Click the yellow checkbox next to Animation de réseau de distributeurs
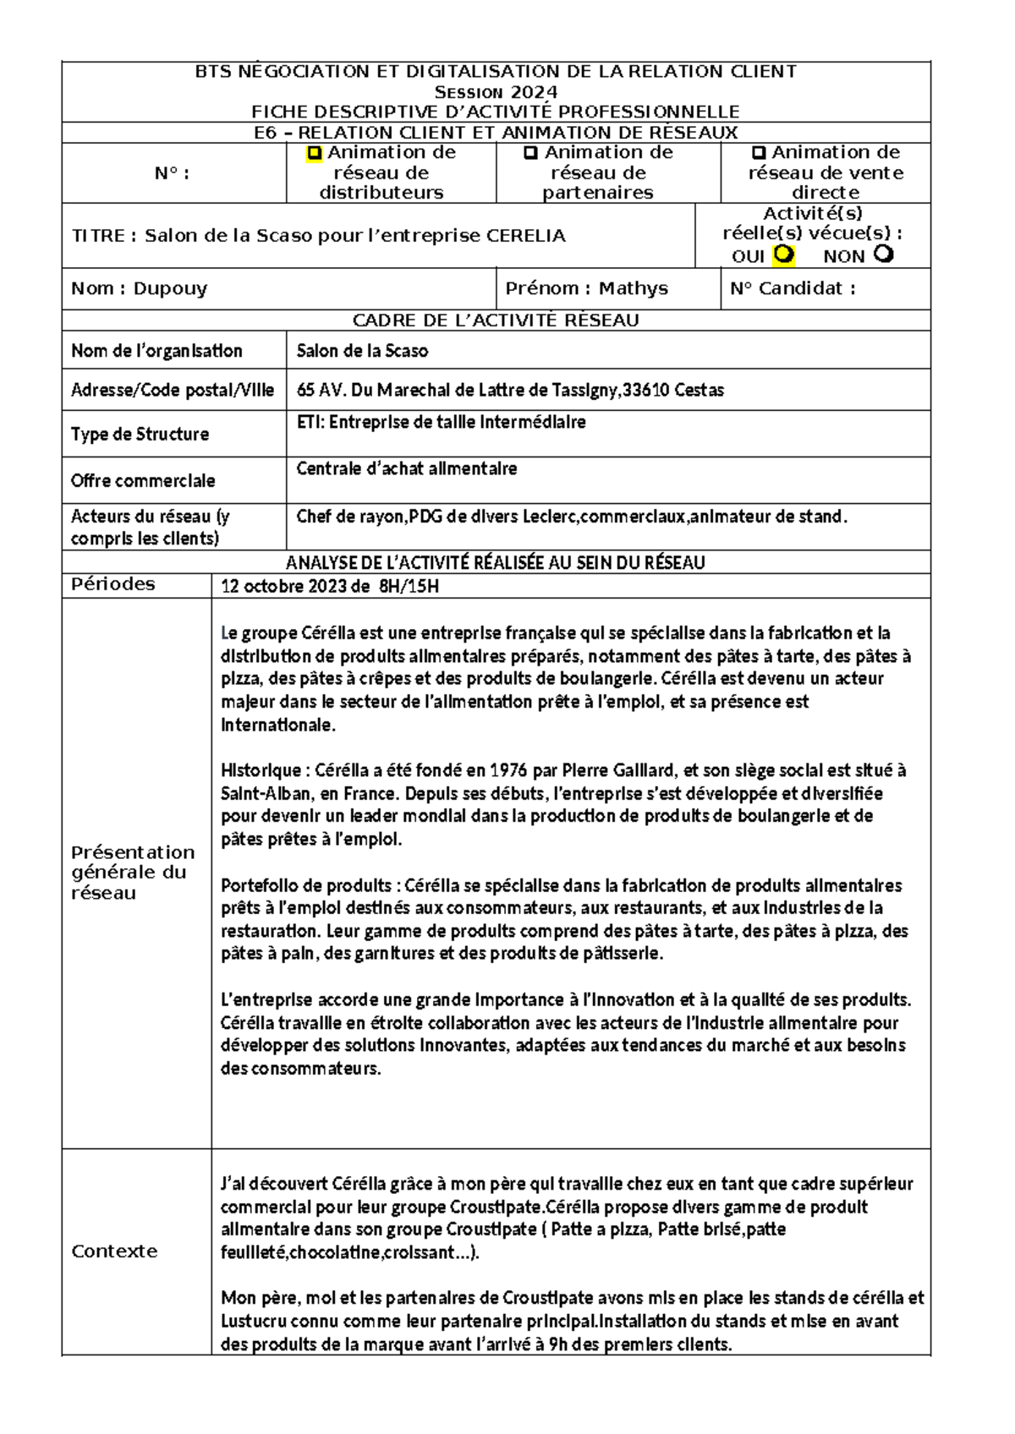coord(315,154)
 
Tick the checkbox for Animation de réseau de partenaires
coord(530,154)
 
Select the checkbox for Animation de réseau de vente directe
coord(759,154)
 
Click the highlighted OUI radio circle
coord(784,254)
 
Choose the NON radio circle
coord(883,254)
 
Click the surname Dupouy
coord(170,289)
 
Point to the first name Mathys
coord(633,289)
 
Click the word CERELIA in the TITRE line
coord(525,236)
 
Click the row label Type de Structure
coord(140,435)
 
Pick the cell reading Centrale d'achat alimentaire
coord(407,469)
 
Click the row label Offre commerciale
coord(143,481)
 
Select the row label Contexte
coord(114,1252)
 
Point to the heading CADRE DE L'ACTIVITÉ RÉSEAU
coord(496,320)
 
